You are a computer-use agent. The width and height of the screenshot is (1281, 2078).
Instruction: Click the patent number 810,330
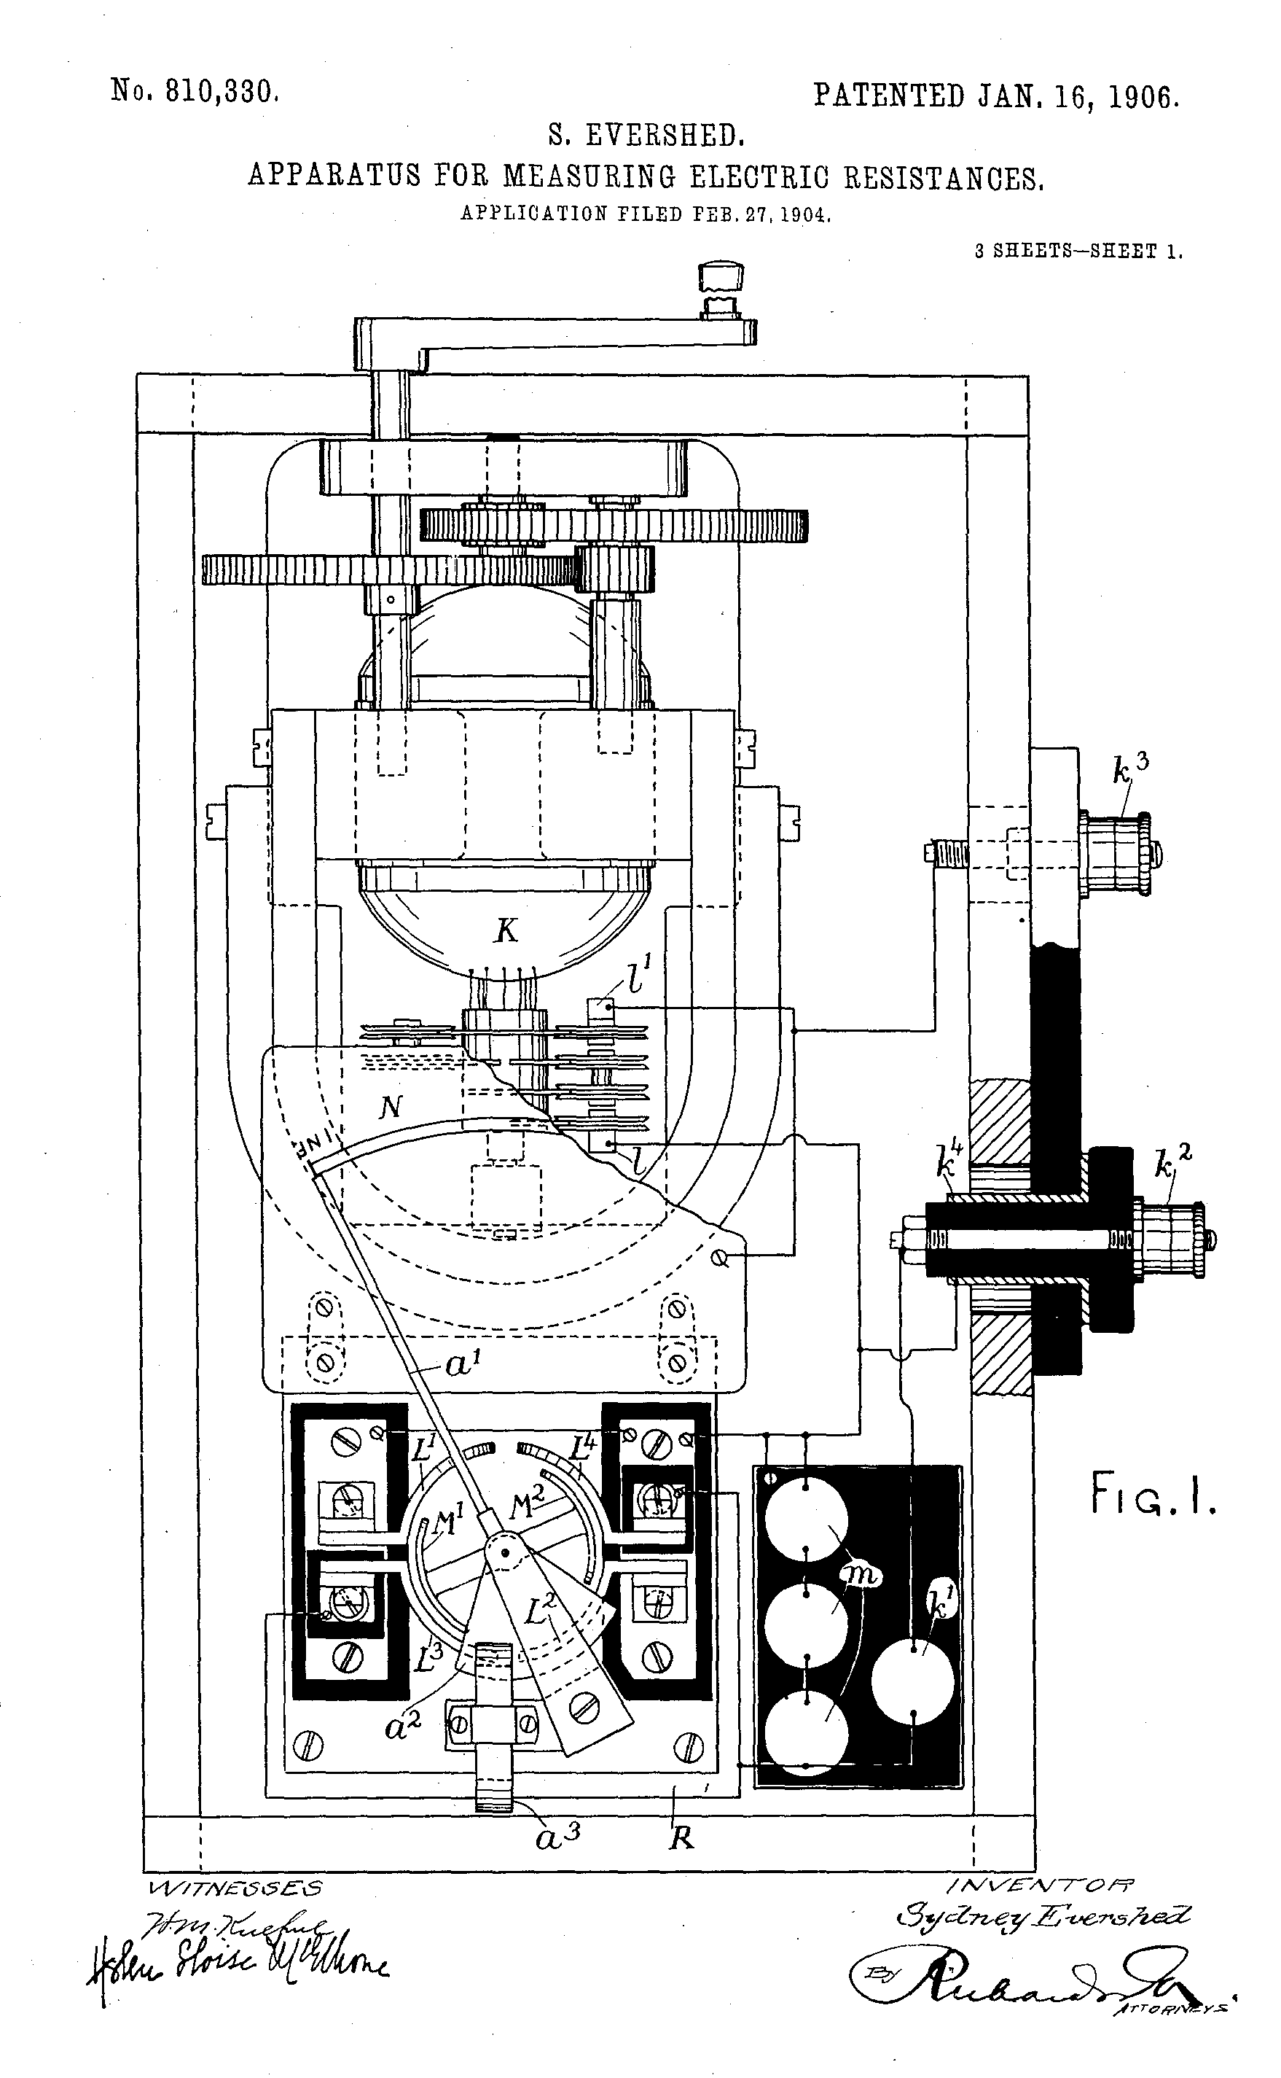tap(222, 92)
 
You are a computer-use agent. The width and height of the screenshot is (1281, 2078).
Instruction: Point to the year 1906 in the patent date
tap(1143, 98)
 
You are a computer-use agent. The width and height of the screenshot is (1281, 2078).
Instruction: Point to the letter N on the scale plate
tap(391, 1106)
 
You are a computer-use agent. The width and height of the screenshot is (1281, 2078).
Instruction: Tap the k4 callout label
tap(949, 1161)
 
